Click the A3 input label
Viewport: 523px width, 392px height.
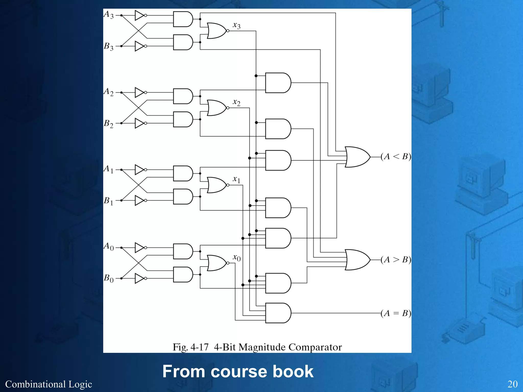(109, 15)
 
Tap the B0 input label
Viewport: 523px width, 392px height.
(109, 278)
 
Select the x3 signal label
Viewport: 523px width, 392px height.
(236, 26)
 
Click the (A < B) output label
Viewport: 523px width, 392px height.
(396, 156)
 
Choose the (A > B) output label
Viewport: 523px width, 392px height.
(396, 260)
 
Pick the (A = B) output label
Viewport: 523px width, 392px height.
(396, 313)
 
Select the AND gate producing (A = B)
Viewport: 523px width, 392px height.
(278, 313)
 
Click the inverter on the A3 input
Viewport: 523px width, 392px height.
(140, 15)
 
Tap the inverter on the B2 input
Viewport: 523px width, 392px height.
(140, 123)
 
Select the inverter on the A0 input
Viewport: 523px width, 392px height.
(140, 248)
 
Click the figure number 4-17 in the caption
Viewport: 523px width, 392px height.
(199, 347)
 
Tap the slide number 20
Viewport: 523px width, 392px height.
(512, 384)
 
